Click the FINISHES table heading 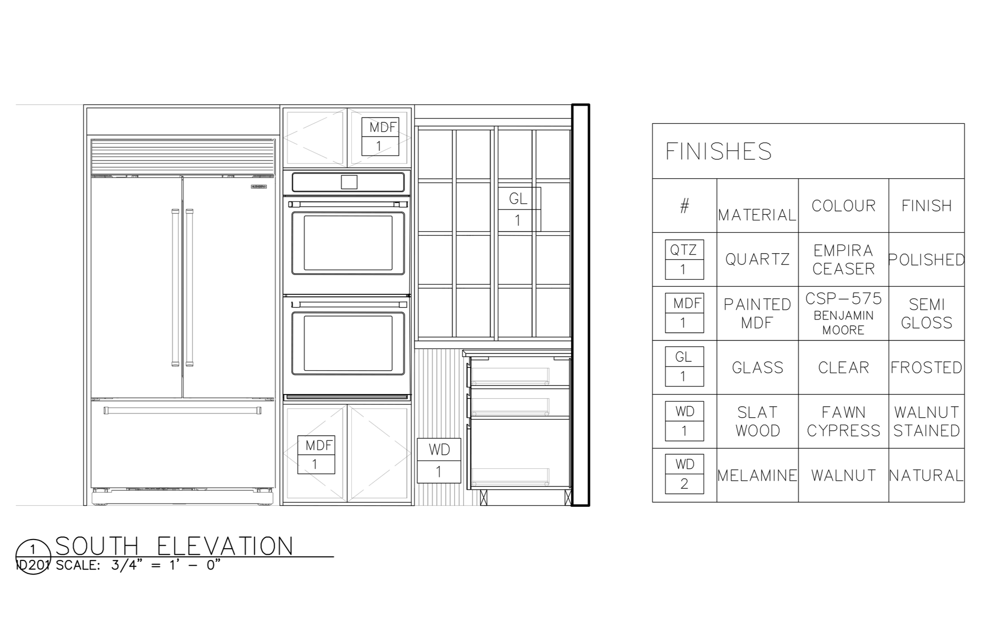(x=718, y=152)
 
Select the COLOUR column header (x=843, y=206)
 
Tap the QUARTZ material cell (x=757, y=259)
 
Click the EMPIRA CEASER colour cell (x=843, y=259)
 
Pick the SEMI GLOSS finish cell (x=926, y=313)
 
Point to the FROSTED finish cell (x=926, y=367)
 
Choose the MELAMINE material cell (x=757, y=476)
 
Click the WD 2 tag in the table (x=684, y=474)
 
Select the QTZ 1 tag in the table (x=684, y=259)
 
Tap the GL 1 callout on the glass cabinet (x=519, y=209)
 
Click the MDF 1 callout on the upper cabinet (x=380, y=137)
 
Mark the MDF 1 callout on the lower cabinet (x=316, y=455)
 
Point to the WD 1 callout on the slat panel (x=439, y=460)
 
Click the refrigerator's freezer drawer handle (x=182, y=410)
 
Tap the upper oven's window (x=348, y=243)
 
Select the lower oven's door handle (x=348, y=304)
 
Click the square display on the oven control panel (x=349, y=182)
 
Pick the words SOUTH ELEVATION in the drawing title (x=175, y=546)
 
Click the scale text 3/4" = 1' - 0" (x=166, y=566)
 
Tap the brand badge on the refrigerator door (x=259, y=187)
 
